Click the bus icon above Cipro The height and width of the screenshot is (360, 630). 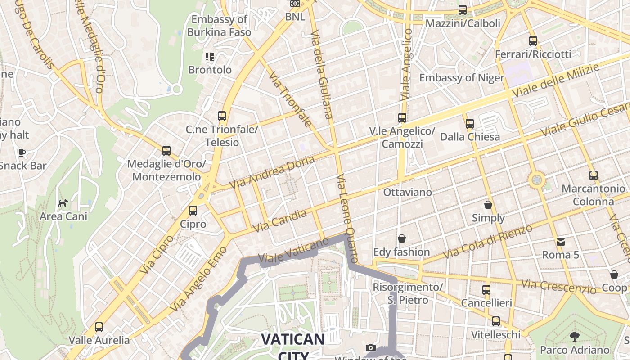(x=193, y=210)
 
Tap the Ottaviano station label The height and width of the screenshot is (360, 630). (x=407, y=192)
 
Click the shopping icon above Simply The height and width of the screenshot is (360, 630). (x=488, y=205)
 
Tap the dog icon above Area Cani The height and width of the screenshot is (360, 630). (x=63, y=203)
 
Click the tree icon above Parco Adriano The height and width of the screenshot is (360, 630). (x=574, y=336)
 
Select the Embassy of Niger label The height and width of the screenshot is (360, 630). (x=462, y=78)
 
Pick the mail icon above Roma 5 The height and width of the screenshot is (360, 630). (x=561, y=242)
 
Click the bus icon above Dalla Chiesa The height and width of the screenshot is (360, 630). (x=470, y=123)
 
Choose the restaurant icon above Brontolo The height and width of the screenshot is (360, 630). (x=210, y=57)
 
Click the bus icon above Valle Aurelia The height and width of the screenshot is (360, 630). (x=99, y=327)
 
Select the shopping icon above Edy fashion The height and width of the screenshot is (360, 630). (x=401, y=238)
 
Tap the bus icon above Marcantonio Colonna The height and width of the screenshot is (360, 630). (x=594, y=175)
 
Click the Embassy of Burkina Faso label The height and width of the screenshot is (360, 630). (x=219, y=26)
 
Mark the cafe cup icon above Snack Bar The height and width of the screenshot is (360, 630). (x=22, y=153)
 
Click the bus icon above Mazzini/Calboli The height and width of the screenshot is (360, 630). (x=463, y=10)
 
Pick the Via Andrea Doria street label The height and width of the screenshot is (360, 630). (x=272, y=173)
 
